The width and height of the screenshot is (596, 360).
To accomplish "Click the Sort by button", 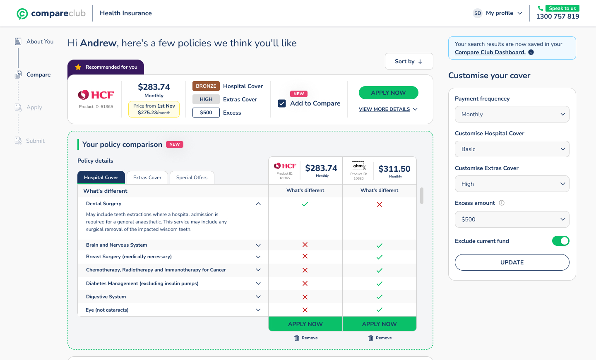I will point(409,61).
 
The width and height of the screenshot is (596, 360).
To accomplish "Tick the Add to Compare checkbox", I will point(282,103).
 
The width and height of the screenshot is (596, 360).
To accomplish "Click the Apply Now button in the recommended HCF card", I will point(388,93).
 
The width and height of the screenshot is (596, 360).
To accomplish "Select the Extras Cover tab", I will point(147,178).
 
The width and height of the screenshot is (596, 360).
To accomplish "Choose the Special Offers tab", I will point(192,178).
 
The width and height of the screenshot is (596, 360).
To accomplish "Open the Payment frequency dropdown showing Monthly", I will point(512,114).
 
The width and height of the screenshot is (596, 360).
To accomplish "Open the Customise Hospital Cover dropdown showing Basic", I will point(512,149).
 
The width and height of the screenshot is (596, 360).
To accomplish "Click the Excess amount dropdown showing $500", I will point(512,219).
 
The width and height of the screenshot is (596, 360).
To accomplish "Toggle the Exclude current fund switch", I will point(560,241).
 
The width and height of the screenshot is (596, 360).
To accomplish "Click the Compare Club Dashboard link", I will point(490,52).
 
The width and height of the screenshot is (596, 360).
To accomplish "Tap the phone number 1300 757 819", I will point(558,17).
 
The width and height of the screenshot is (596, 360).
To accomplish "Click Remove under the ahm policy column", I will point(380,338).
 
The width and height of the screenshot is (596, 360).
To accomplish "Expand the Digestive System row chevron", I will point(258,297).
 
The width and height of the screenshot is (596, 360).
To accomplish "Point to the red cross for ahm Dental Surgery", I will point(380,204).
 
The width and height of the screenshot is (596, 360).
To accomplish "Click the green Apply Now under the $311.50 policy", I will point(379,324).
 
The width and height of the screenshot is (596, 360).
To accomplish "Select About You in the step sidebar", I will point(40,41).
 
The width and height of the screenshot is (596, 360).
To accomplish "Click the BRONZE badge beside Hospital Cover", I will point(206,86).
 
